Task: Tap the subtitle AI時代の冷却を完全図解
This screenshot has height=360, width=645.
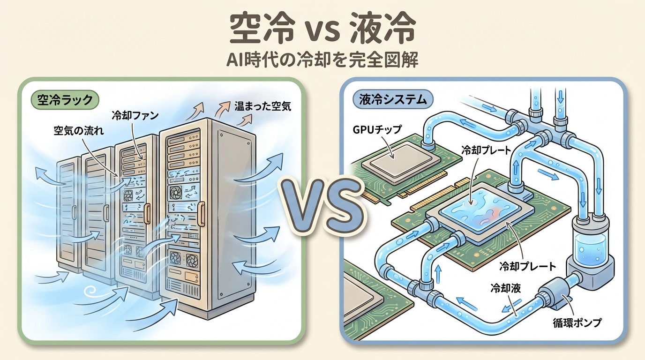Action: point(322,60)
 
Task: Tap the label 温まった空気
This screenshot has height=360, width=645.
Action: point(262,106)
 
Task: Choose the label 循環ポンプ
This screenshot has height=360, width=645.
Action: point(577,322)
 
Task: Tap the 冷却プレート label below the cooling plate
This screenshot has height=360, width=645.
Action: point(528,267)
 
